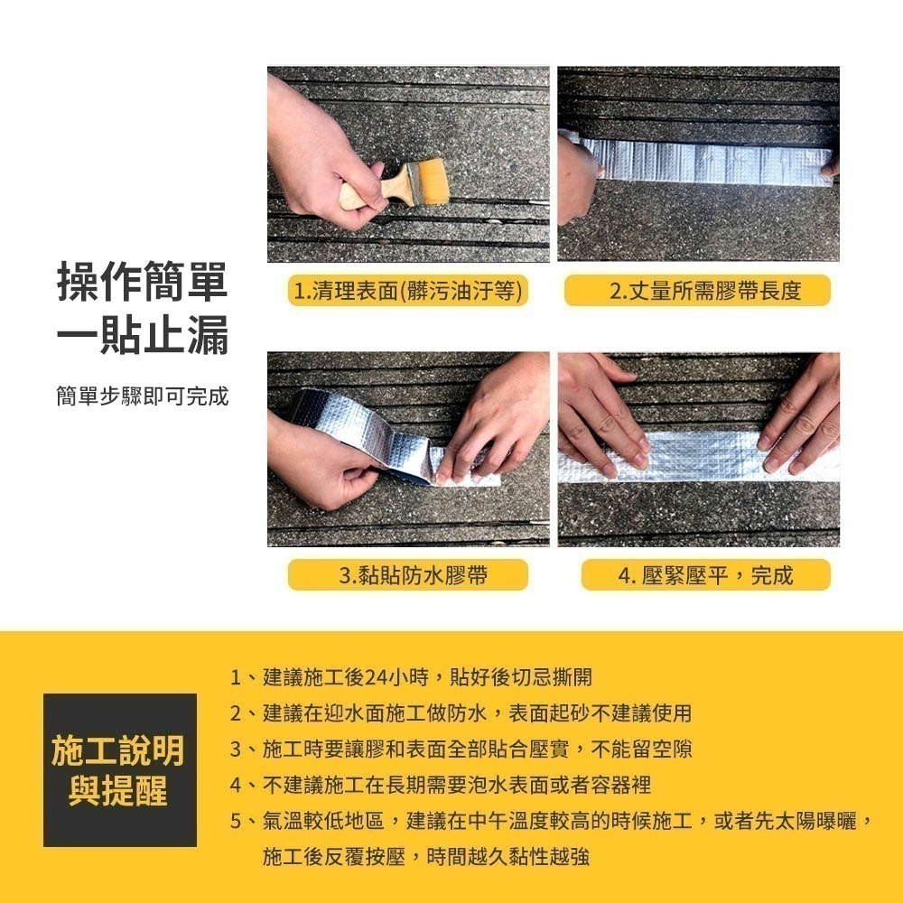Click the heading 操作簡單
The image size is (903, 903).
click(x=142, y=282)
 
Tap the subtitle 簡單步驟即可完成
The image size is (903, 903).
click(x=142, y=396)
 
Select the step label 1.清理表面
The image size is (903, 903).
click(x=407, y=291)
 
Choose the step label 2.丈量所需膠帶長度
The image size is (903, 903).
click(x=697, y=291)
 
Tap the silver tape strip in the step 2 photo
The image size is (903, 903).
click(x=704, y=163)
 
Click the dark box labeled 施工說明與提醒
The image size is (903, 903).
click(x=119, y=769)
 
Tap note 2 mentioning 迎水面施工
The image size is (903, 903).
click(x=461, y=713)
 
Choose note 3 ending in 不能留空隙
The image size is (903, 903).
click(x=461, y=749)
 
